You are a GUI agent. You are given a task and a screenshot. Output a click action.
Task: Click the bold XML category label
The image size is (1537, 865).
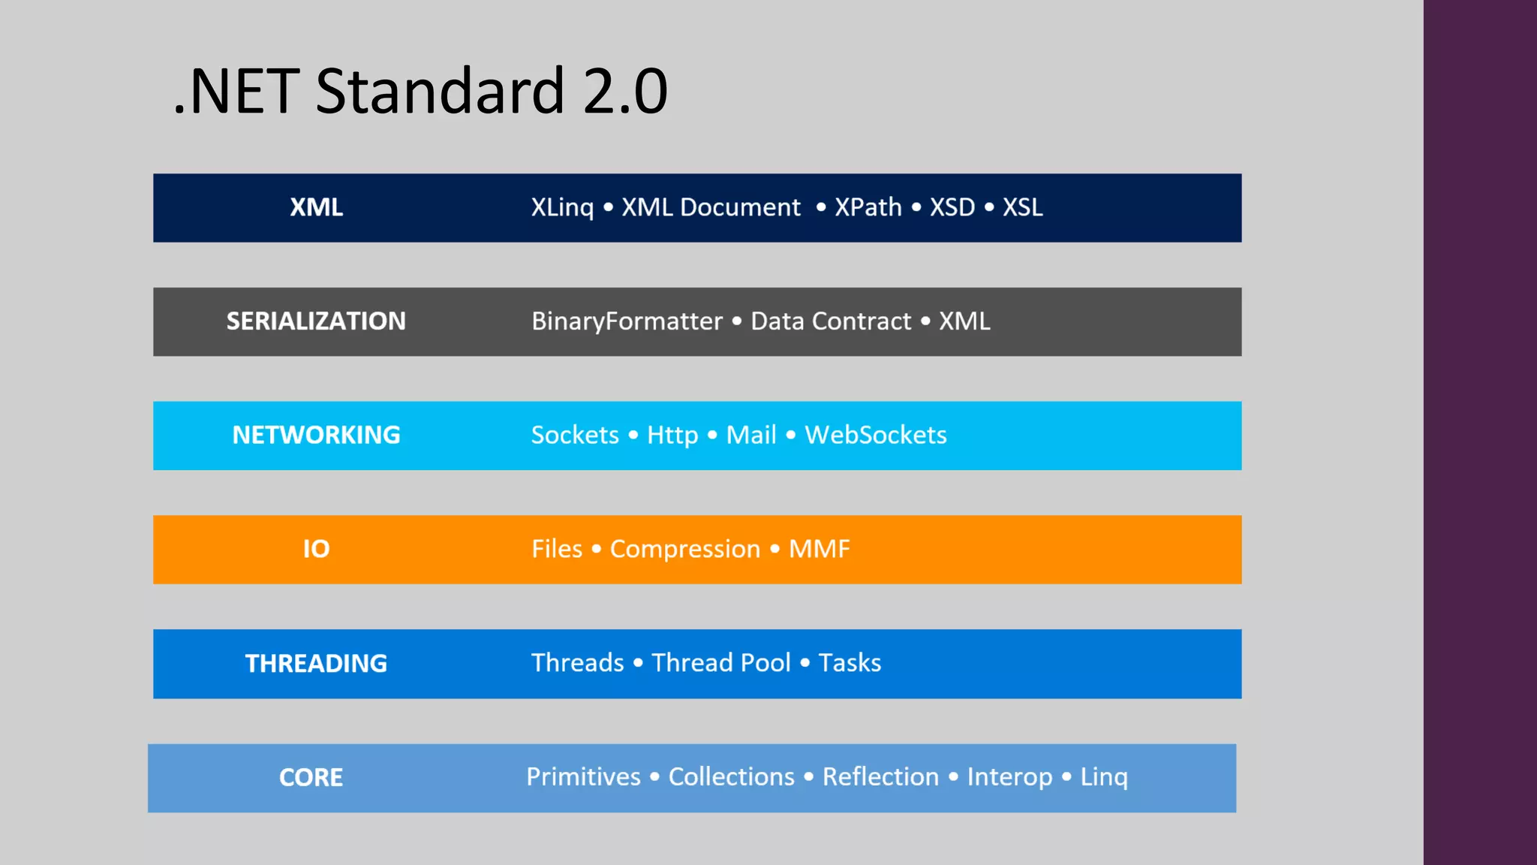pyautogui.click(x=316, y=207)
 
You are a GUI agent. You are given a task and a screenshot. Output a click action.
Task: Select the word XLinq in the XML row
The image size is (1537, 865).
pyautogui.click(x=561, y=207)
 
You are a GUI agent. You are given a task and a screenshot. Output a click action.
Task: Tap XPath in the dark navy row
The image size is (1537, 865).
pyautogui.click(x=868, y=207)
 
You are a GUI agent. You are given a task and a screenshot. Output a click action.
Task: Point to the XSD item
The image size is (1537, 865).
pyautogui.click(x=952, y=207)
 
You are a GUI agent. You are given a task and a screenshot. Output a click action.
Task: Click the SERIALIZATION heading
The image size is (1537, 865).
pyautogui.click(x=316, y=321)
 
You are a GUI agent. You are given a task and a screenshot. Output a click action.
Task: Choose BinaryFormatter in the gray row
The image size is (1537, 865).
pyautogui.click(x=626, y=321)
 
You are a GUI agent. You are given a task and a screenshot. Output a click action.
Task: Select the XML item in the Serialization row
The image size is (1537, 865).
pyautogui.click(x=964, y=321)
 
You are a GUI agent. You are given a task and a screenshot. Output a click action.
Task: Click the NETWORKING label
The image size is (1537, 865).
pyautogui.click(x=316, y=436)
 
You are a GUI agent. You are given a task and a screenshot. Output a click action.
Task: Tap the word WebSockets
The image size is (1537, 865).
pyautogui.click(x=875, y=436)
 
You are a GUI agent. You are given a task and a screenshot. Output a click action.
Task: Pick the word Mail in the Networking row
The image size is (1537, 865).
pyautogui.click(x=750, y=436)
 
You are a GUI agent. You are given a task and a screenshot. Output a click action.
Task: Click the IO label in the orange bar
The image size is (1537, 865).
pyautogui.click(x=316, y=550)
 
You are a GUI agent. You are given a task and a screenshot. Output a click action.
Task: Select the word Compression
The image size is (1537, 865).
pyautogui.click(x=684, y=550)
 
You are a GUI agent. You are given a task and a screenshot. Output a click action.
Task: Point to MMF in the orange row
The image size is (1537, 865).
pyautogui.click(x=819, y=550)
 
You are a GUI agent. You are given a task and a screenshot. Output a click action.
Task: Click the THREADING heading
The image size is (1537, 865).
pyautogui.click(x=316, y=664)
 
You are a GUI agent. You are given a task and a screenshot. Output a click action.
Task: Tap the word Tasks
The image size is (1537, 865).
pyautogui.click(x=849, y=663)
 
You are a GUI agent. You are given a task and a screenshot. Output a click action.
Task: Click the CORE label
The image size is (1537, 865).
pyautogui.click(x=311, y=778)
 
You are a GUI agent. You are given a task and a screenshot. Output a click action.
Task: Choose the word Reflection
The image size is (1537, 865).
pyautogui.click(x=880, y=777)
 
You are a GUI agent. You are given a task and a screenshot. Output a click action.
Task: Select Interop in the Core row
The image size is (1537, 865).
pyautogui.click(x=1009, y=777)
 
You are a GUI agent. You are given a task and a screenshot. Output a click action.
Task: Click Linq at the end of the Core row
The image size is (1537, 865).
pyautogui.click(x=1103, y=777)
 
